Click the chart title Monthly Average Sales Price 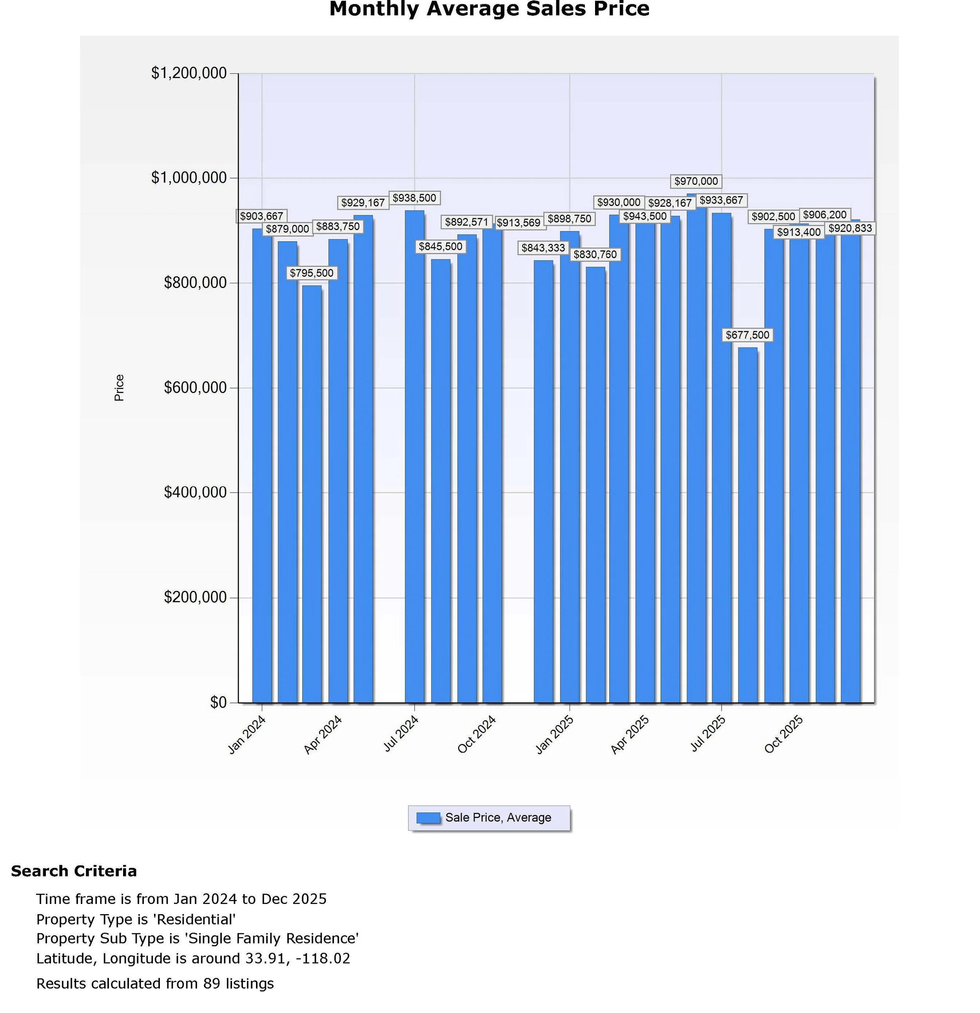[x=489, y=9]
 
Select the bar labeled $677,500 [x=747, y=525]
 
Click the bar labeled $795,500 [x=312, y=494]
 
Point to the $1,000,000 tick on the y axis [x=189, y=178]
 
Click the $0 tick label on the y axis [x=218, y=702]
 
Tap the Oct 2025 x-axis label [x=783, y=734]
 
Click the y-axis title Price [x=119, y=388]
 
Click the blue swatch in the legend [x=428, y=818]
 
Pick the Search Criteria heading [x=74, y=871]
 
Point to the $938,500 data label [x=414, y=198]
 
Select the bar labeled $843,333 [x=543, y=481]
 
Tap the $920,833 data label [x=850, y=228]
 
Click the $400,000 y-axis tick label [x=195, y=492]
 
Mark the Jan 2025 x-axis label [x=555, y=734]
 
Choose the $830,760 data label [x=595, y=255]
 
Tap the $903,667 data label [x=262, y=216]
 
